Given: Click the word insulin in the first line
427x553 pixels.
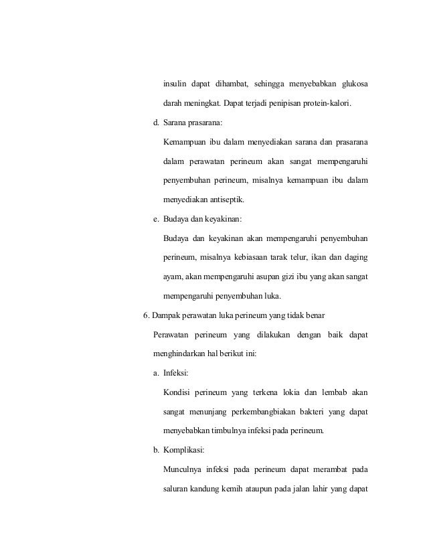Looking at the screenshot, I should point(174,84).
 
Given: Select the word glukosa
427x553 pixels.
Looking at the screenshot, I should point(354,84).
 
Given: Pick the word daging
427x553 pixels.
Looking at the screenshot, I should point(355,258).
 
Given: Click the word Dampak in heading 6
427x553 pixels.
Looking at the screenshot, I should point(169,315).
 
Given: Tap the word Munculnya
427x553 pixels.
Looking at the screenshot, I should point(185,469).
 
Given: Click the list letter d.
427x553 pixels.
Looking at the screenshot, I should point(156,123).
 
